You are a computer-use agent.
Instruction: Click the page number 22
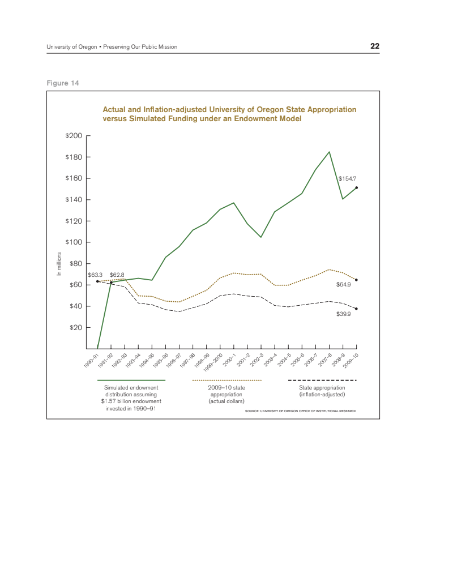(x=375, y=46)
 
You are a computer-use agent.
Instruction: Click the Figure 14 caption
(x=63, y=83)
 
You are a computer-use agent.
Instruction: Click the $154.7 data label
(x=347, y=178)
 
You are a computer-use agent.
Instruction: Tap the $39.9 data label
(x=344, y=313)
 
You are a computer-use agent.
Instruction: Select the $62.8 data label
(x=117, y=275)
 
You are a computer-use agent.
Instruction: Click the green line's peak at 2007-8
(x=329, y=152)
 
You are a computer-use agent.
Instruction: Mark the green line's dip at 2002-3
(x=261, y=237)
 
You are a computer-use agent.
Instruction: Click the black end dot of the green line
(x=356, y=187)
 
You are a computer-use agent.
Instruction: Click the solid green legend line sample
(x=131, y=380)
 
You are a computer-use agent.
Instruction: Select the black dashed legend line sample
(x=322, y=380)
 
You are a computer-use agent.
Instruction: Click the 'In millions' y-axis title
(x=59, y=265)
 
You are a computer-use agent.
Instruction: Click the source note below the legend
(x=300, y=410)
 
